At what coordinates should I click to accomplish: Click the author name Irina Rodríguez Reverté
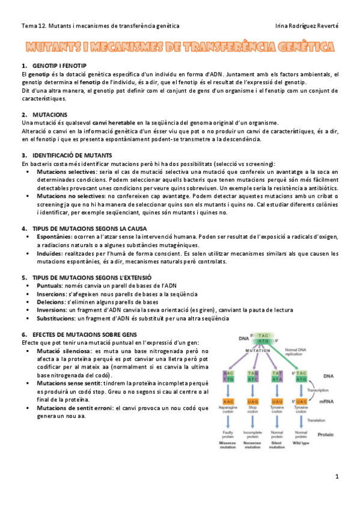coord(306,26)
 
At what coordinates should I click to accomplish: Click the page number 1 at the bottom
coord(337,476)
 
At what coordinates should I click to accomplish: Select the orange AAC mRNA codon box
coord(228,401)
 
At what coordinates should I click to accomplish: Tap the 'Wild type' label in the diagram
coord(302,443)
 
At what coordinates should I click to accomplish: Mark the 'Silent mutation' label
coord(276,446)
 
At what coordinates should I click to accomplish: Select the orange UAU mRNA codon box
coord(276,401)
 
